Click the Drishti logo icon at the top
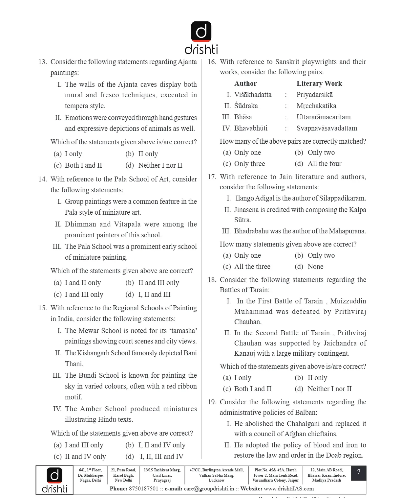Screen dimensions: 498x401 [201, 32]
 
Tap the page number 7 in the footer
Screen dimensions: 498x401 [359, 472]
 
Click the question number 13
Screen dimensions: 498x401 [43, 62]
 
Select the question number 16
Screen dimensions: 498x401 [212, 62]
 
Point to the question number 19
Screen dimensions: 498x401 [212, 402]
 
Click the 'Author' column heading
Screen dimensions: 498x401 [245, 83]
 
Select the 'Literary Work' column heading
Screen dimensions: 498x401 [319, 83]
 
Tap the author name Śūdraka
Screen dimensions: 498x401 [246, 106]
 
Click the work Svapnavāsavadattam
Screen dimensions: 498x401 [327, 128]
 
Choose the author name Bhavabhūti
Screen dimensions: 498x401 [251, 128]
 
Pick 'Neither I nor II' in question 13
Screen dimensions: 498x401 [160, 165]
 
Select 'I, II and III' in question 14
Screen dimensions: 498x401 [154, 295]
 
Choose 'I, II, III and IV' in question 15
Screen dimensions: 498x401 [161, 457]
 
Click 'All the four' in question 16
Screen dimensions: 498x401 [324, 164]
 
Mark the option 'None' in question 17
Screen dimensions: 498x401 [315, 267]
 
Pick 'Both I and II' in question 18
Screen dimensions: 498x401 [253, 389]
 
